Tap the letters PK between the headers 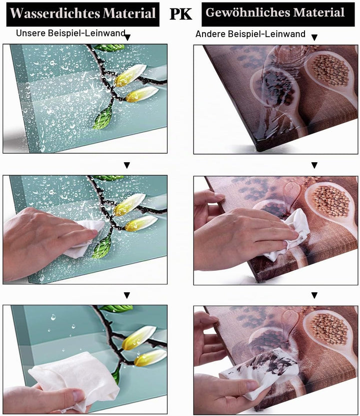(x=180, y=14)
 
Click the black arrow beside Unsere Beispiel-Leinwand (x=127, y=38)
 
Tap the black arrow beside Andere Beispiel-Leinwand (x=314, y=38)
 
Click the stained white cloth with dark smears (x=259, y=369)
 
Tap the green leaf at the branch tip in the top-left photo (x=103, y=117)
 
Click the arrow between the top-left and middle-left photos (x=127, y=165)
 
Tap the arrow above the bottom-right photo (x=314, y=295)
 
